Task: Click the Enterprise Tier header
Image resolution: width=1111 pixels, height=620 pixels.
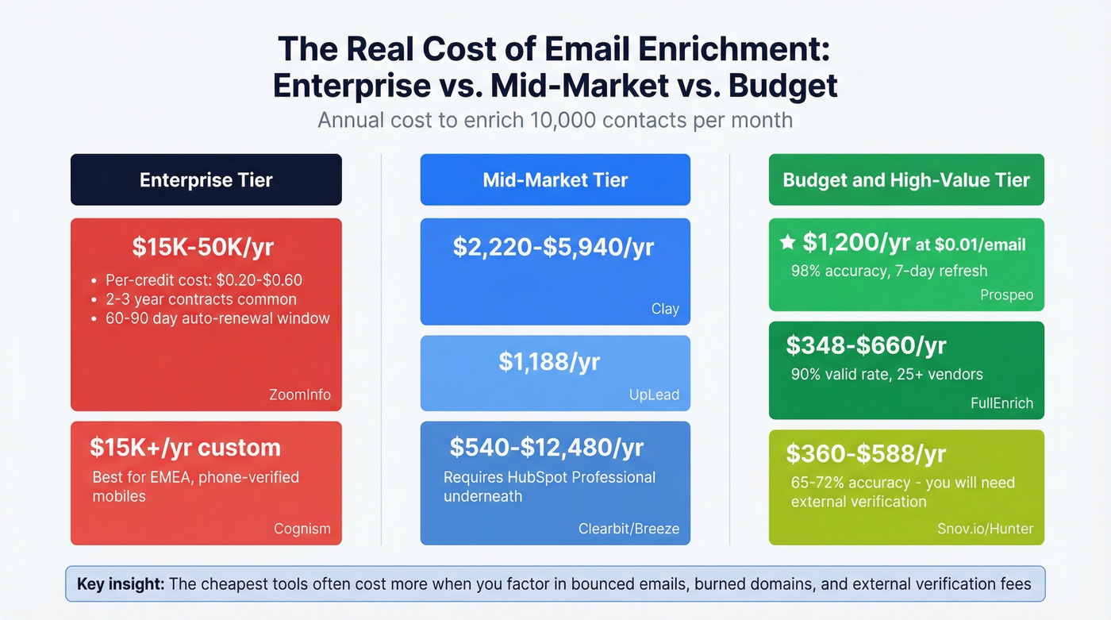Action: click(206, 180)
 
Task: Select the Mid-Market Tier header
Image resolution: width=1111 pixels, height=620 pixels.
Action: click(555, 180)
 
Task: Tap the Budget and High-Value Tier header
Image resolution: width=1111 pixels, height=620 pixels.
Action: click(906, 180)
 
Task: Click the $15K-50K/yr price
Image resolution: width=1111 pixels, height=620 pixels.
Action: click(202, 247)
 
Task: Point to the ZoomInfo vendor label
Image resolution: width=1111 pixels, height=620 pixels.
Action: click(299, 395)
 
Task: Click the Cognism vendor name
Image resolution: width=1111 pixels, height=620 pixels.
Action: click(302, 529)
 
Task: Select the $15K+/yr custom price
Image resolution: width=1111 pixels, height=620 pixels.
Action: click(185, 447)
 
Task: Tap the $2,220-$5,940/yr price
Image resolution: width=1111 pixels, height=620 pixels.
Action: click(553, 247)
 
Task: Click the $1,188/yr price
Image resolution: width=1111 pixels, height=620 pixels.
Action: click(549, 362)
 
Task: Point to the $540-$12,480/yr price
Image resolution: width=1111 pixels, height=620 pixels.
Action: click(546, 447)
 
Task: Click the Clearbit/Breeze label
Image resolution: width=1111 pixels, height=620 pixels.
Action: click(629, 529)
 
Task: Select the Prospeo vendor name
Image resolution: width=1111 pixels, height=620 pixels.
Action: click(1007, 295)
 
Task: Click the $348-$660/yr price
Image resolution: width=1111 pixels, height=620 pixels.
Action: click(866, 345)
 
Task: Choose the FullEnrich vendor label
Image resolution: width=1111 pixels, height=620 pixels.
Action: click(1001, 402)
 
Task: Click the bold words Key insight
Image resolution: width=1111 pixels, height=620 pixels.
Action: click(121, 584)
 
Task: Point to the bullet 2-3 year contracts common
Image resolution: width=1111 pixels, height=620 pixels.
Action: click(201, 299)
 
